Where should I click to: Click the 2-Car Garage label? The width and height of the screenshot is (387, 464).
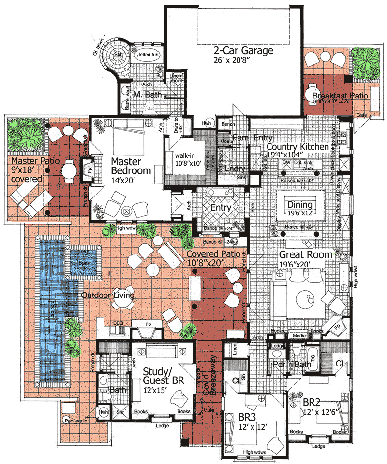[x=243, y=51]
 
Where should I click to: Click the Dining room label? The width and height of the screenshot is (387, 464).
[x=300, y=205]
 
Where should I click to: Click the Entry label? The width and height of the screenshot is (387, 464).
[x=222, y=207]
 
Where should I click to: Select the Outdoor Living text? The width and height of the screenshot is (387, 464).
[x=107, y=295]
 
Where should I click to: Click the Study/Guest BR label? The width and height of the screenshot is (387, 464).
[x=164, y=375]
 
